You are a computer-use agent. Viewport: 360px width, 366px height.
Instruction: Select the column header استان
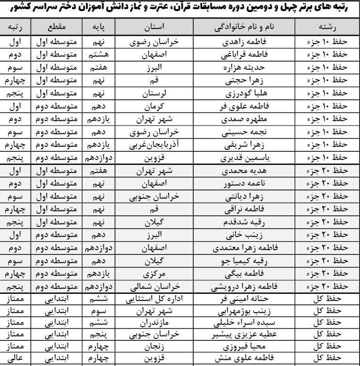coord(154,26)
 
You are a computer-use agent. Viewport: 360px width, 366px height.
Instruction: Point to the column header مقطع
coord(57,26)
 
